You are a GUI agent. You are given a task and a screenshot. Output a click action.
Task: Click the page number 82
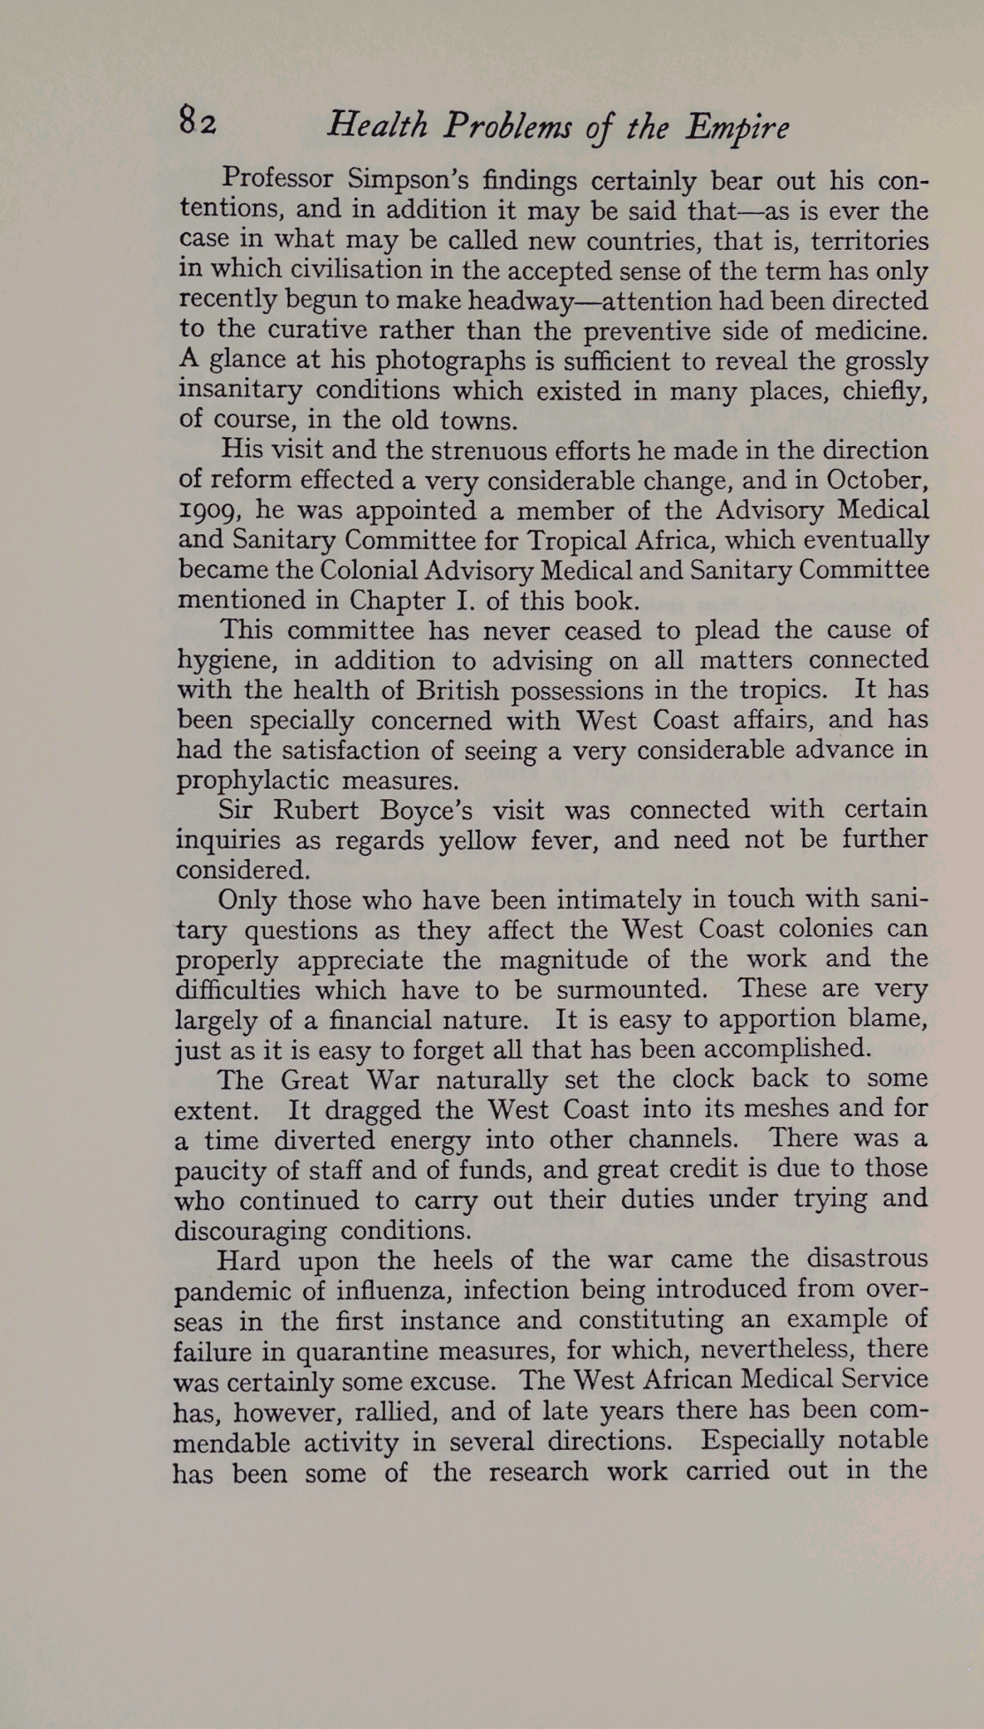197,121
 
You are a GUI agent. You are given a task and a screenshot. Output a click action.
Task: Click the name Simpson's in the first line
406,179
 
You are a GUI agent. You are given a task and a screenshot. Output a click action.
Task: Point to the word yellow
477,840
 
